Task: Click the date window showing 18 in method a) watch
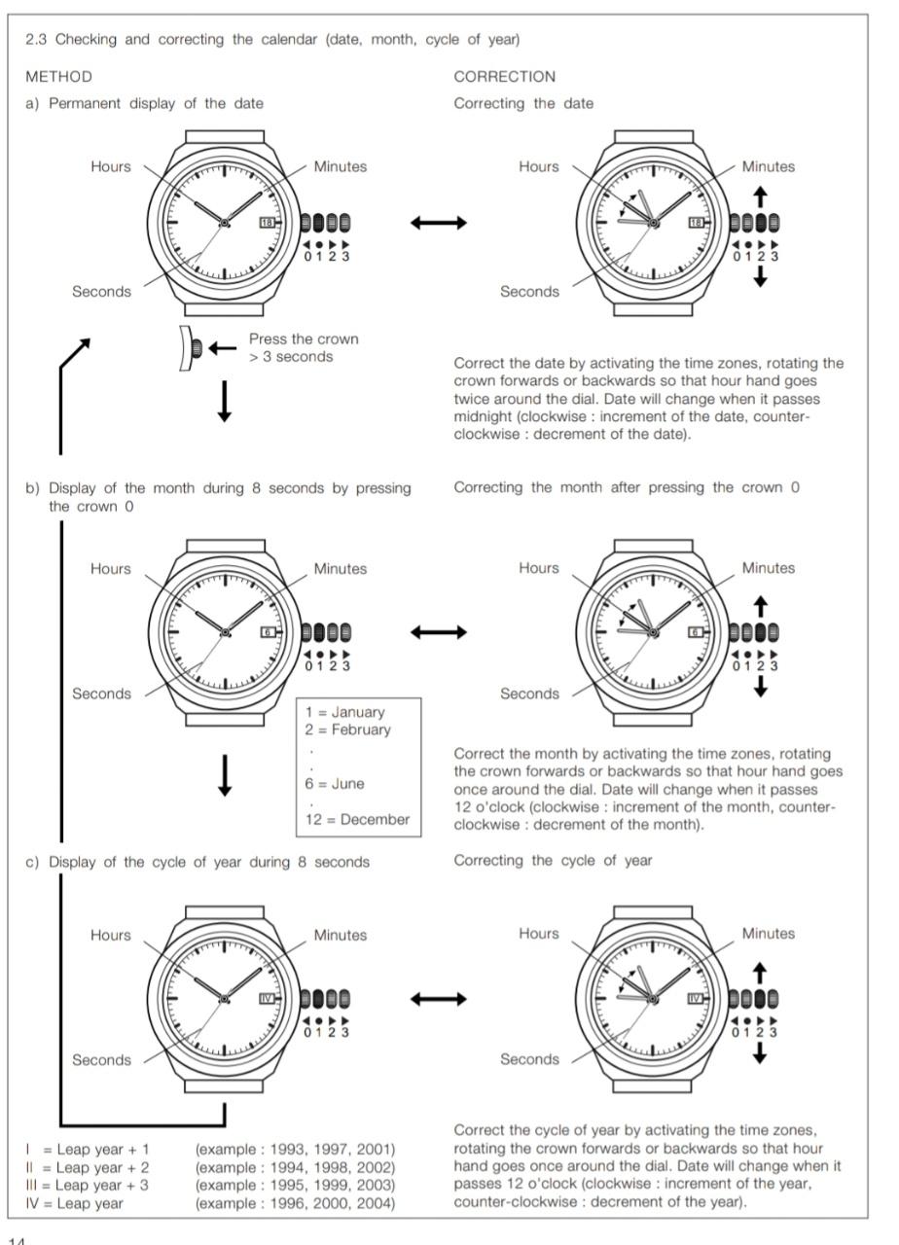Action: [268, 223]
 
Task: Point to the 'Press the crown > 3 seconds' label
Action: [303, 348]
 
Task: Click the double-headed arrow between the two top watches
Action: [438, 224]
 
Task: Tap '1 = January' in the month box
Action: [345, 712]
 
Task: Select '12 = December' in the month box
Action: [357, 819]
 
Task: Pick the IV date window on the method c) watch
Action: [268, 998]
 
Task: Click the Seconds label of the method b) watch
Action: [101, 694]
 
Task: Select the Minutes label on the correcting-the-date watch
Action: [768, 166]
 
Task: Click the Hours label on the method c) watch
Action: [110, 935]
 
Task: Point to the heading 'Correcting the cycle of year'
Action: [553, 861]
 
